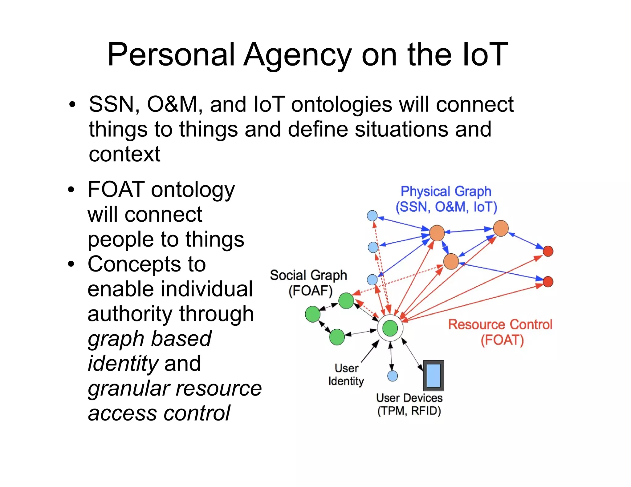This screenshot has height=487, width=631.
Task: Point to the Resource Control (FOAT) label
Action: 500,332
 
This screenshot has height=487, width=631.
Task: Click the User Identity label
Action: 346,375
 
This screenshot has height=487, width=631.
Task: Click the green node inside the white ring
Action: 390,328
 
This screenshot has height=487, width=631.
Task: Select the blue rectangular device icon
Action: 434,376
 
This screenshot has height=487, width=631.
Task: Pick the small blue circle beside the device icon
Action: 393,376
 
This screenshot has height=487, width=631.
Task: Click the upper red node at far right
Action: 548,251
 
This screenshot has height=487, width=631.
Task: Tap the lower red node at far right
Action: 548,282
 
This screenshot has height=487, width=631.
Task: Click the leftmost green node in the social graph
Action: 313,314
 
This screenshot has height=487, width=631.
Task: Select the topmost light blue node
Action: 372,216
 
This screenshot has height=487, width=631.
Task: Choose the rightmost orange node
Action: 501,228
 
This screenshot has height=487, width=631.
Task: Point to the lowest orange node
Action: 451,262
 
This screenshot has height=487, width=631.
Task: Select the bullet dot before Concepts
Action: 71,264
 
